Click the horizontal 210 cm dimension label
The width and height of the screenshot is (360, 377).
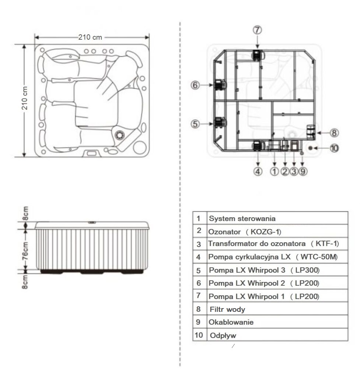90,37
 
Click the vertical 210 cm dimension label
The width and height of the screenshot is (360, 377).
25,98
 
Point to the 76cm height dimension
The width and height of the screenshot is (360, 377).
25,251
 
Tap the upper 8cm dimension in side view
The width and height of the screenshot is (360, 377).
25,213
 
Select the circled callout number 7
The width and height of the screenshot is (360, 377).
257,30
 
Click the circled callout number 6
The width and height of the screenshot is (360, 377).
195,85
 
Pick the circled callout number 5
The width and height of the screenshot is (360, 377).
195,124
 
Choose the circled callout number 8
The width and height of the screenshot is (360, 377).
334,133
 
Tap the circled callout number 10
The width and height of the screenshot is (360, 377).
334,148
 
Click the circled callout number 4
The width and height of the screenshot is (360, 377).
258,172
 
